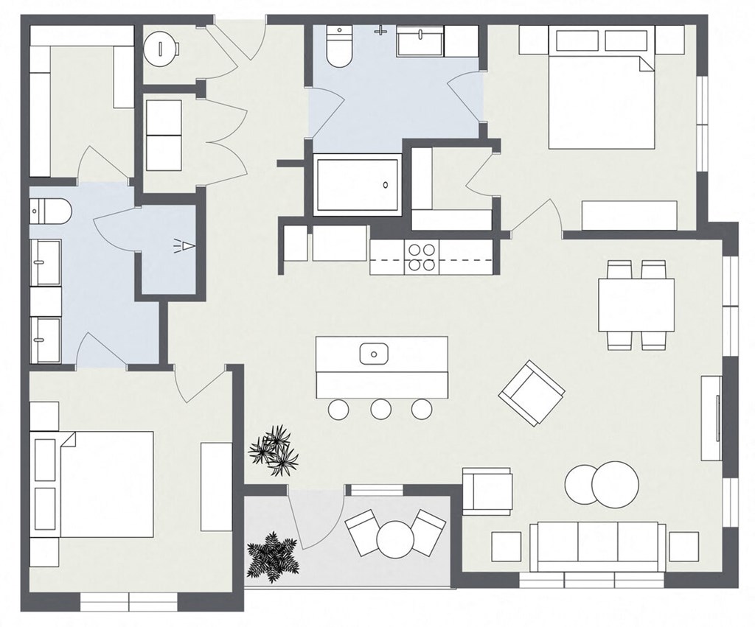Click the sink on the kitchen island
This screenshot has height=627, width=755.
pos(374,354)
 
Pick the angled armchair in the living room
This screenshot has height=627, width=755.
pos(532,393)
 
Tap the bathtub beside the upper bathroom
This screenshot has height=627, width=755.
pos(358,184)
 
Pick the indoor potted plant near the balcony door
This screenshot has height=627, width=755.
pos(275,449)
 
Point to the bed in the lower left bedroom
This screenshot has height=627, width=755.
pos(94,483)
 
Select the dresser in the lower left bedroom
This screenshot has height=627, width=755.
pos(217,486)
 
